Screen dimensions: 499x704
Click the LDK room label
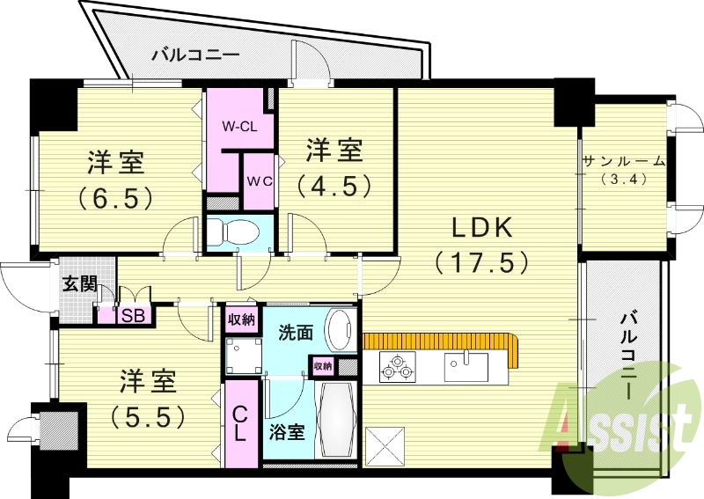481,227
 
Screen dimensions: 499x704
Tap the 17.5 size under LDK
481,261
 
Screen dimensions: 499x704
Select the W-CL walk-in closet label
238,127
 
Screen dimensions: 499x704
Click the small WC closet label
258,181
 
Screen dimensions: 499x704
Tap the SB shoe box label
134,315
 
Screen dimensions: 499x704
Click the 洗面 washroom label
295,333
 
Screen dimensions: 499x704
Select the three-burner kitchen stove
398,366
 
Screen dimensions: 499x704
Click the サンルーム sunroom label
623,161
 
